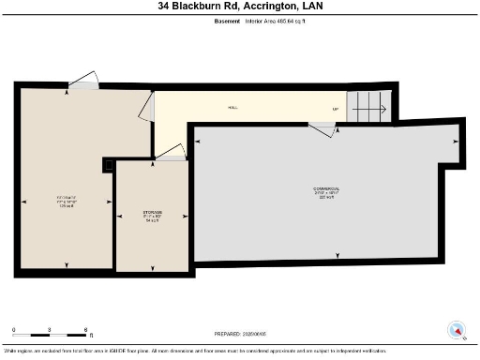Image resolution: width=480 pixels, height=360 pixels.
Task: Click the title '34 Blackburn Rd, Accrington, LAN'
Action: click(x=239, y=7)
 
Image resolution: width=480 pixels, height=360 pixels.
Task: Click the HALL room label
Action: click(x=232, y=108)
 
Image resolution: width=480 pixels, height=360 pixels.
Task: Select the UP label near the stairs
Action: click(x=335, y=109)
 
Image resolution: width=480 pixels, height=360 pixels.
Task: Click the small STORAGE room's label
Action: click(x=152, y=215)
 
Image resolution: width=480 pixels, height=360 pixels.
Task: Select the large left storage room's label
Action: click(x=66, y=200)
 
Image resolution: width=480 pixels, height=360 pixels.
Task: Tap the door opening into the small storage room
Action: click(x=171, y=153)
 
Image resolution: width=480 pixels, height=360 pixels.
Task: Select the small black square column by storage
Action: click(x=109, y=165)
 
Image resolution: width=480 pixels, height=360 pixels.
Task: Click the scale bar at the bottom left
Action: click(x=50, y=332)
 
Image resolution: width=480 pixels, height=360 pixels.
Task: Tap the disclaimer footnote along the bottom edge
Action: click(x=239, y=351)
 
